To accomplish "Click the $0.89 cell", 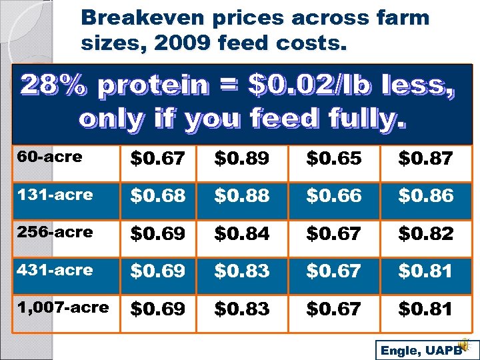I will coord(242,159).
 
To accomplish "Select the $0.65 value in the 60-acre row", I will coord(334,159).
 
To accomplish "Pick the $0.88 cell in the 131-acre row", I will coord(242,196).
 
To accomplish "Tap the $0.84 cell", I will coord(242,234).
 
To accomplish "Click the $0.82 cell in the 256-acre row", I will coord(425,234).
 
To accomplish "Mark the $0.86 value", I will coord(425,196).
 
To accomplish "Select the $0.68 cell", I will coord(158,196).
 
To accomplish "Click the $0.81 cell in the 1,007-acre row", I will coord(425,309).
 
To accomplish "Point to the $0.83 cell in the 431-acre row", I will coord(242,271).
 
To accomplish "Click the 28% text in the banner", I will coord(55,85).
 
